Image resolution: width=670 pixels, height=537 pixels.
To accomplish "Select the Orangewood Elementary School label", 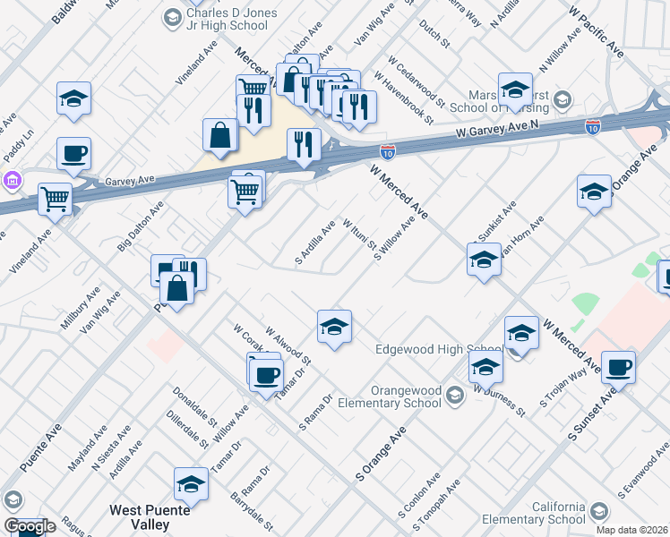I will click(x=390, y=395).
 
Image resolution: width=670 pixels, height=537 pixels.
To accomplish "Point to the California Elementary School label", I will click(x=534, y=513).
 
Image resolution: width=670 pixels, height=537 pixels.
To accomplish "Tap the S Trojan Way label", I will click(x=556, y=389).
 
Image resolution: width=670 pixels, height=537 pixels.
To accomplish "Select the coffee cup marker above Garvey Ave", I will click(x=73, y=151).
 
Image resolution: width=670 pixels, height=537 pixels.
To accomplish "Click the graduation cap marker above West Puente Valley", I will click(x=191, y=483).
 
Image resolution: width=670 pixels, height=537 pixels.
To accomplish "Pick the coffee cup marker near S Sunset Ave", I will click(x=618, y=366).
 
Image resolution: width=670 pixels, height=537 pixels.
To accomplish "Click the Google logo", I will click(x=29, y=526).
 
